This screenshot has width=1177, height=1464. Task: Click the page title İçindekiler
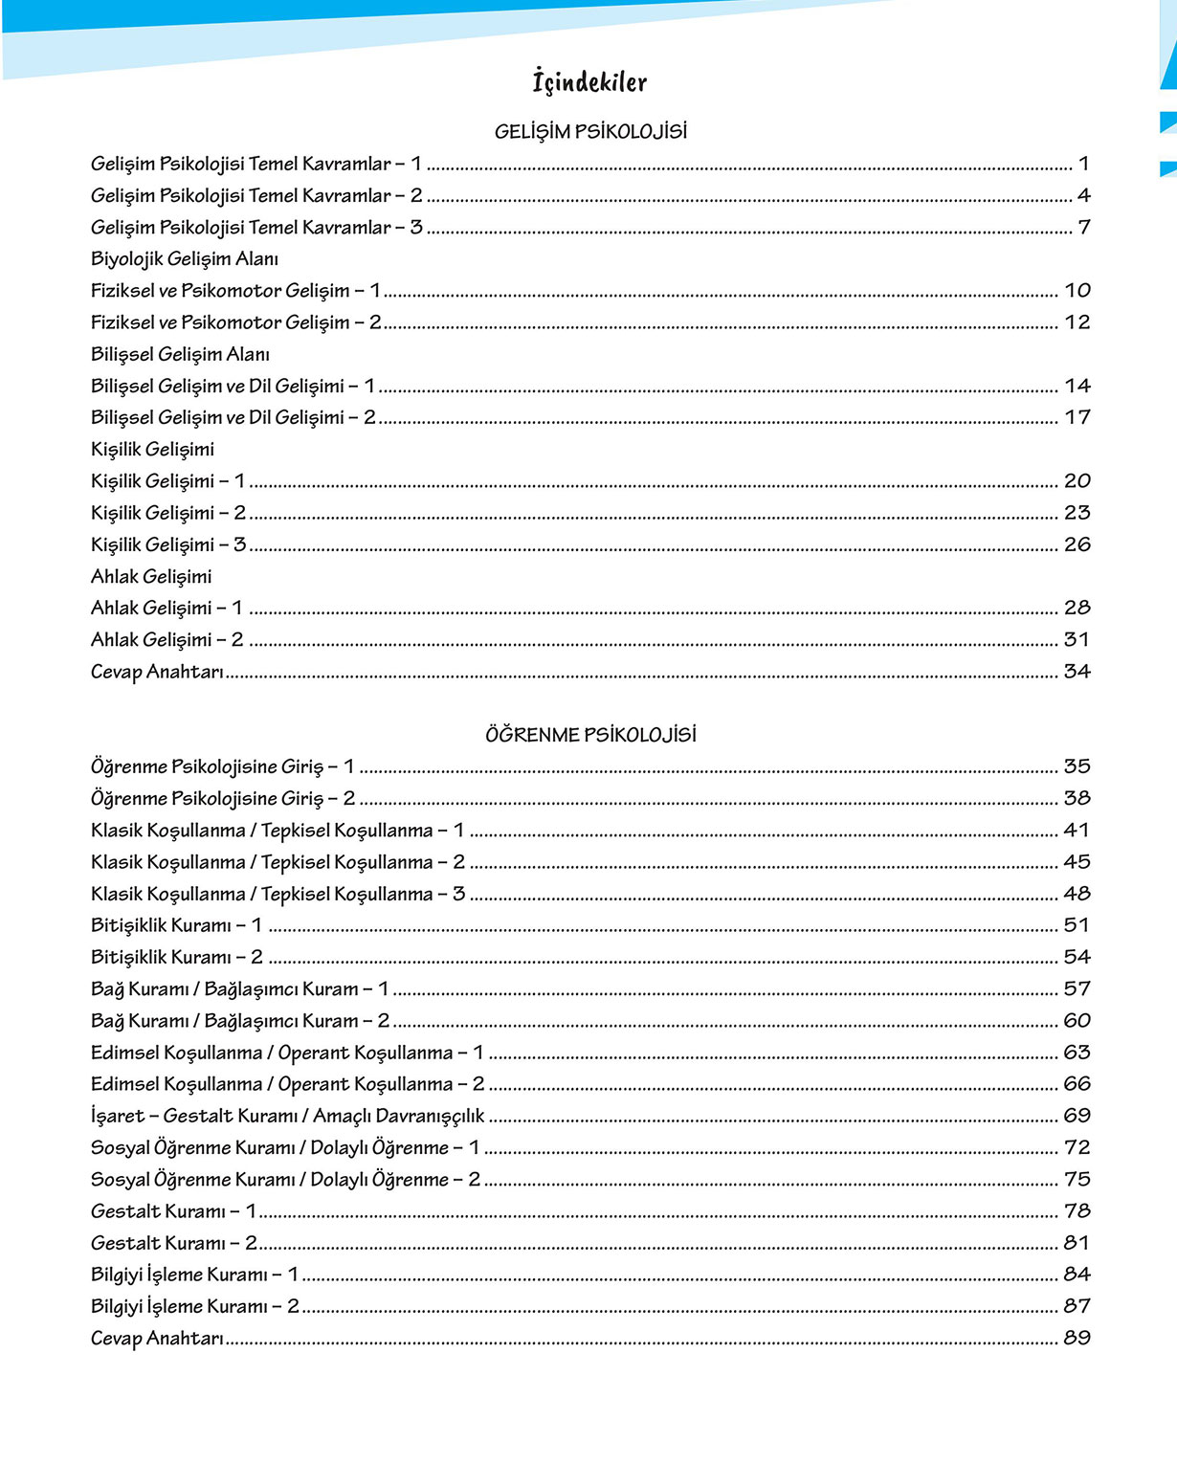(x=589, y=82)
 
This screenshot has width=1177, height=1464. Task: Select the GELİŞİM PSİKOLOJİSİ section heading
(x=590, y=132)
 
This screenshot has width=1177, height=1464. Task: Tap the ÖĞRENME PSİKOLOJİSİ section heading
(x=590, y=735)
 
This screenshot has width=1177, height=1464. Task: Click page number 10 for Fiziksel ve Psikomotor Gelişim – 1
(x=1077, y=291)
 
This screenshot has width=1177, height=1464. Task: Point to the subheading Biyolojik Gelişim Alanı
(x=185, y=259)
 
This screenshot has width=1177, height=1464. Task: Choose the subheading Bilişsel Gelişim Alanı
(x=180, y=354)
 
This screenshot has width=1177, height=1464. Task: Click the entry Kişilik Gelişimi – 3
(x=168, y=544)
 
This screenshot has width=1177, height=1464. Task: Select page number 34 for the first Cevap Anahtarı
(x=1077, y=672)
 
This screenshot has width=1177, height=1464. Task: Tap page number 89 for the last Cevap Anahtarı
(x=1077, y=1338)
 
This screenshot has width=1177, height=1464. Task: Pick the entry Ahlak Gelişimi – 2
(x=167, y=639)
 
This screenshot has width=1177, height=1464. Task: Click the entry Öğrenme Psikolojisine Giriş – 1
(x=223, y=766)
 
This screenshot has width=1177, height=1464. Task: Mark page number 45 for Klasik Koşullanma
(x=1077, y=862)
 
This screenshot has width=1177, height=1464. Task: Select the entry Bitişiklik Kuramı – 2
(x=177, y=957)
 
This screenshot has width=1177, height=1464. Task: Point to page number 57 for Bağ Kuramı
(x=1077, y=988)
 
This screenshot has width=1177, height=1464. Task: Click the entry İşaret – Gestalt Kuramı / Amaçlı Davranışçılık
(x=288, y=1116)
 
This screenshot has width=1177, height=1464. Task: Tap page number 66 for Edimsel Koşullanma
(x=1077, y=1084)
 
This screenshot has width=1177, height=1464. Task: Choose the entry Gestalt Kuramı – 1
(x=174, y=1211)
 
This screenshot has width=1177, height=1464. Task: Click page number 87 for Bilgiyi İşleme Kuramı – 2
(x=1077, y=1306)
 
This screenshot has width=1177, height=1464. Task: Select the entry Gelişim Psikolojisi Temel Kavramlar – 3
(x=256, y=228)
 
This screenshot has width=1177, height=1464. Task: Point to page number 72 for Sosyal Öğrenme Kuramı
(x=1077, y=1147)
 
